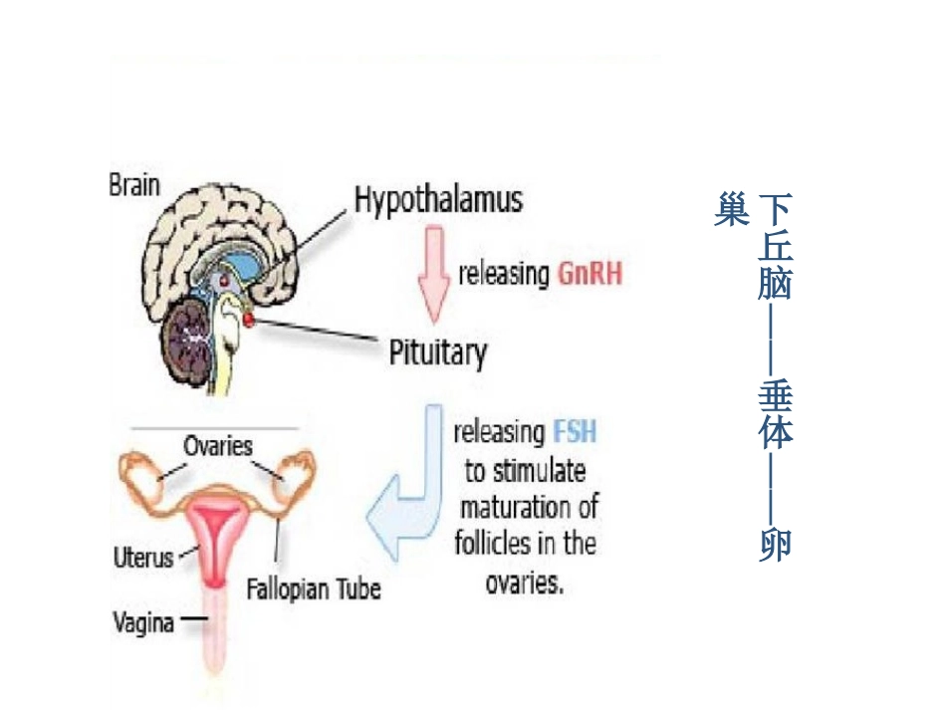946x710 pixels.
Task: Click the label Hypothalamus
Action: pyautogui.click(x=438, y=201)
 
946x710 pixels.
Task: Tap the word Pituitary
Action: pyautogui.click(x=438, y=352)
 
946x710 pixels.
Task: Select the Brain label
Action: pyautogui.click(x=134, y=186)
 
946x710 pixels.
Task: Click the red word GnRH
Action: pyautogui.click(x=591, y=273)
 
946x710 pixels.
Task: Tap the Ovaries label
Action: pyautogui.click(x=218, y=445)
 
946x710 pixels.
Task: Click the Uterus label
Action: pyautogui.click(x=142, y=557)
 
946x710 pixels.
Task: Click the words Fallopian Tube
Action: pyautogui.click(x=314, y=589)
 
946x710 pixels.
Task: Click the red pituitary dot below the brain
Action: pyautogui.click(x=247, y=319)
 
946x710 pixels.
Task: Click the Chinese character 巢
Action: pyautogui.click(x=731, y=210)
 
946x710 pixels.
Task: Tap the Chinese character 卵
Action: pyautogui.click(x=775, y=545)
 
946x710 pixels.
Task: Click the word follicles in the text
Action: pyautogui.click(x=490, y=544)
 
